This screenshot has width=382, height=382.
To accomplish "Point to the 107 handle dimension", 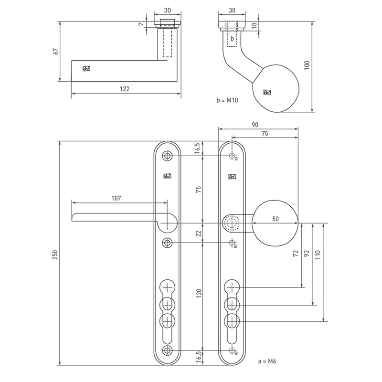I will pos(116,198).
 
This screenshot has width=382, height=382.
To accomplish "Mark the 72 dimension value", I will pos(295,254).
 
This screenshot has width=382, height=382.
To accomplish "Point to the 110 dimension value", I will pos(317,254).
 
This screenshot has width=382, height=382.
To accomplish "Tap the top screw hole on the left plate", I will pos(167,156).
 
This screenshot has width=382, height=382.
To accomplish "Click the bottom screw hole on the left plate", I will pos(167,351).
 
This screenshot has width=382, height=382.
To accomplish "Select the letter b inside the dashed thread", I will pos(232,38).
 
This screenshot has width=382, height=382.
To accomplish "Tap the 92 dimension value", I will pos(306,254).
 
